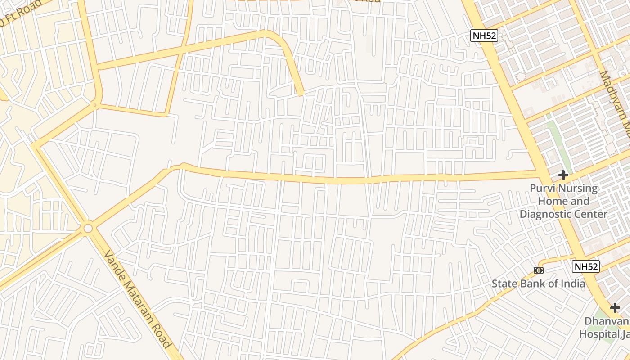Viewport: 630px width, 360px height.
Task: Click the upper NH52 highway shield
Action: coord(485,36)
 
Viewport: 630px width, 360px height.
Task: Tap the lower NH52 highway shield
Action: coord(586,266)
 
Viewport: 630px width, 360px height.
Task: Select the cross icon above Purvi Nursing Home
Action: coord(563,175)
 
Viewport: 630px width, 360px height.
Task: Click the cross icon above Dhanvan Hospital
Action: coord(615,308)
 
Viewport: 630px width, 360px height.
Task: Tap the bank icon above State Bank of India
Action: coord(538,270)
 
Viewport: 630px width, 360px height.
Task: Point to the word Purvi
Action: coord(543,189)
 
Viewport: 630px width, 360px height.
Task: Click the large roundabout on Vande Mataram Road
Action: coord(88,229)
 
